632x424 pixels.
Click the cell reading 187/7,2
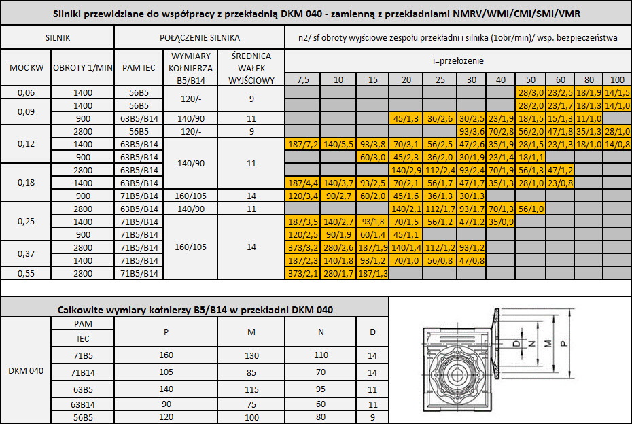tap(302, 144)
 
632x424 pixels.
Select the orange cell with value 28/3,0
tap(531, 92)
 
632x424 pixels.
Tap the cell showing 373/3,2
tap(302, 247)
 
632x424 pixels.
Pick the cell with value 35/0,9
tap(501, 222)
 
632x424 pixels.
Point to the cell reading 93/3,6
tap(471, 131)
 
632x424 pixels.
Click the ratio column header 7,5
tap(302, 79)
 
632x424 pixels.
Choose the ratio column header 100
tap(617, 79)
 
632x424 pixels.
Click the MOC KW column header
tap(27, 68)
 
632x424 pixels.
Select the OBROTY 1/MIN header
tap(83, 68)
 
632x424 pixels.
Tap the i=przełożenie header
tap(458, 61)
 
